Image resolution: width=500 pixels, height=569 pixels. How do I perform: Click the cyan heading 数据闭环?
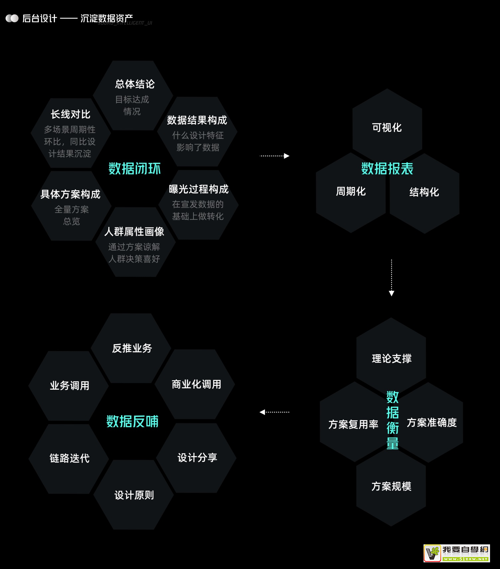coord(135,169)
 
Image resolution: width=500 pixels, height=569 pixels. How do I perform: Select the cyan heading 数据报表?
coord(387,169)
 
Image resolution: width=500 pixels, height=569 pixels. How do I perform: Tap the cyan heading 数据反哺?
coord(132,421)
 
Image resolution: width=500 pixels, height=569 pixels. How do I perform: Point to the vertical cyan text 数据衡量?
coord(392,420)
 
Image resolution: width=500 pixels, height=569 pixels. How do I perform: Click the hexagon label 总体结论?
coord(135,84)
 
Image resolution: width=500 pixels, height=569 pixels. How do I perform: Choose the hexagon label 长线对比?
coord(70,114)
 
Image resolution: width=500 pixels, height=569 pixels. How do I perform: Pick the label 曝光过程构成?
coord(198,189)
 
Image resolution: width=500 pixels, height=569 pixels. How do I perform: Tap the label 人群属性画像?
coord(134,232)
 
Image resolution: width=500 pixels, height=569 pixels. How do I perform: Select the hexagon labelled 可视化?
coord(387,127)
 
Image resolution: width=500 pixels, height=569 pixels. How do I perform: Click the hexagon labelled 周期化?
coord(351,192)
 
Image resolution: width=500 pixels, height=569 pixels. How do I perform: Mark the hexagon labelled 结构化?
coord(424,192)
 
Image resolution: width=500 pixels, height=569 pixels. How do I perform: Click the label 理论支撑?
coord(392,359)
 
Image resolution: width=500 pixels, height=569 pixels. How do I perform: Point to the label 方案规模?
coord(391,486)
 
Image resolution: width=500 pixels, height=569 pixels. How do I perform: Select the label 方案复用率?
coord(353,425)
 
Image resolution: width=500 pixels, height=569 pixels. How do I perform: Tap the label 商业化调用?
coord(196,384)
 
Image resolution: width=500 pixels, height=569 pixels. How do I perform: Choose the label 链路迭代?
coord(69,458)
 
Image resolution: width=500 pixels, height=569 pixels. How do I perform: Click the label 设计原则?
coord(134,495)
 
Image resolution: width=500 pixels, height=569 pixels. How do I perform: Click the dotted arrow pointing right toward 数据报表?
coord(274,156)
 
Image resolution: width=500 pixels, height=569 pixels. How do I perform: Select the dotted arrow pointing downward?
coord(392,278)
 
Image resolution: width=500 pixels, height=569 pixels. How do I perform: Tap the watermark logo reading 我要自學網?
coord(456,553)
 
